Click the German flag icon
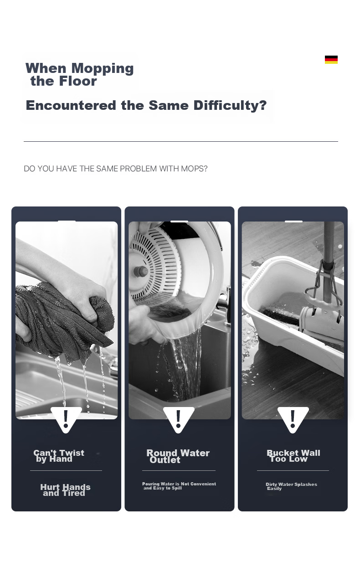click(x=331, y=60)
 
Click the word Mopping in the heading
click(x=102, y=69)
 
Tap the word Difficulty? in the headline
click(x=230, y=105)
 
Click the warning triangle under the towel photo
click(x=66, y=419)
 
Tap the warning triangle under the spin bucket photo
click(x=179, y=419)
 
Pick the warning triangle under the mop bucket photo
click(x=293, y=419)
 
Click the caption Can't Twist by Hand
click(x=59, y=456)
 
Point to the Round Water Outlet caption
click(x=178, y=456)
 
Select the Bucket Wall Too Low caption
click(x=293, y=456)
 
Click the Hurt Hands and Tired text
click(x=65, y=490)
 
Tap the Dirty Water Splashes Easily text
click(x=291, y=486)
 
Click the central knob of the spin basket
click(x=140, y=272)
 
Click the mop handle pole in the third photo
click(x=328, y=261)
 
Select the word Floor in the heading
click(x=78, y=81)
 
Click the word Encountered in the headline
click(x=71, y=105)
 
